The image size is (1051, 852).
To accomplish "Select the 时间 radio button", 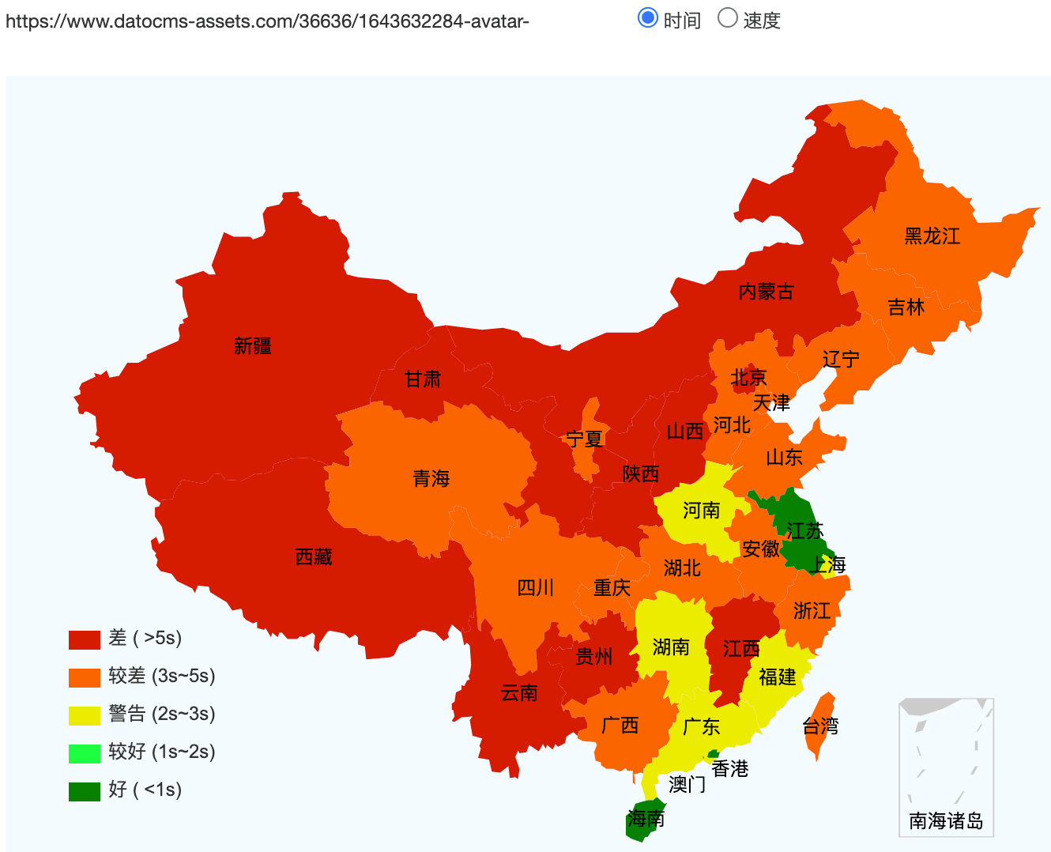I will (648, 17).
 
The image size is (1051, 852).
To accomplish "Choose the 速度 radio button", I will (727, 17).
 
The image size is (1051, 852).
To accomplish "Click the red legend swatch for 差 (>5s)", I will (84, 639).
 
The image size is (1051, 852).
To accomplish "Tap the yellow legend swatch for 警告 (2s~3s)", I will (84, 715).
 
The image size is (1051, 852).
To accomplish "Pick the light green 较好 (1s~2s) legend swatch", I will (84, 753).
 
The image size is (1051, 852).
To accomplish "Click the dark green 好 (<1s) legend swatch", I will (84, 791).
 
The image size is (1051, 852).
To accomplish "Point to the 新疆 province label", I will (253, 346).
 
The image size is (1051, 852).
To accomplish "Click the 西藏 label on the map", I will (314, 557).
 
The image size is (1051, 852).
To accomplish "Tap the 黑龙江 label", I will (932, 236).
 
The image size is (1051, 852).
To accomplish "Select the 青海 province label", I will (431, 478).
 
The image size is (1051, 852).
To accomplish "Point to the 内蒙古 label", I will (766, 292).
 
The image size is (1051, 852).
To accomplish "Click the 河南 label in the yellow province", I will (701, 511).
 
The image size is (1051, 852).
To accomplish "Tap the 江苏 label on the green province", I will (804, 530).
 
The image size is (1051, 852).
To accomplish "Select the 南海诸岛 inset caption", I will (946, 820).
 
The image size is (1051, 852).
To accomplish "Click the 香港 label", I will (729, 768).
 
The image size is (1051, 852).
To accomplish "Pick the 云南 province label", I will (519, 693).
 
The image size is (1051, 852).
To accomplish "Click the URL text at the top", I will (267, 21).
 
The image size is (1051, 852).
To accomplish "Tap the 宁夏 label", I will (585, 439).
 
